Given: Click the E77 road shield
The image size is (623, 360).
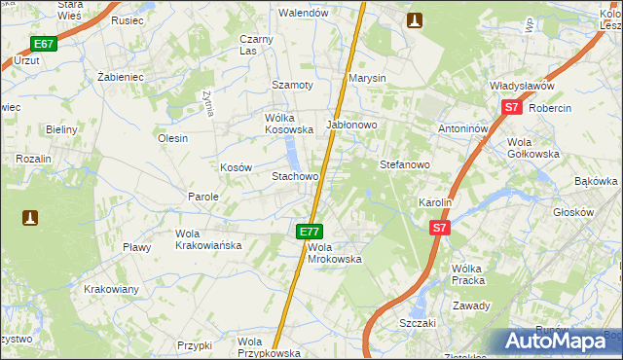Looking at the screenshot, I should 309,232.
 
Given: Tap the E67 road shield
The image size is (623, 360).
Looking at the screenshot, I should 43,44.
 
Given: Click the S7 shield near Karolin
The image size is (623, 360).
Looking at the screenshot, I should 440,228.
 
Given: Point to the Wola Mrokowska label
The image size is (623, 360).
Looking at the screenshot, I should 334,253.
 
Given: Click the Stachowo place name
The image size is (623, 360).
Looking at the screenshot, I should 295,177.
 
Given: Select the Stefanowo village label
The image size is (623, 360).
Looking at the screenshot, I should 404,164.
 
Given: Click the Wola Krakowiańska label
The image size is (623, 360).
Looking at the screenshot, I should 207,239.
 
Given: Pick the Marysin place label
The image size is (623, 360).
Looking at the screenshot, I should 368,78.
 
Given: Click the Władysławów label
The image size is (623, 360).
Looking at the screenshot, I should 529,87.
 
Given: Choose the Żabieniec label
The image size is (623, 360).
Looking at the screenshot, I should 121,75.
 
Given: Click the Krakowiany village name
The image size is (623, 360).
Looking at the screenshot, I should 111,289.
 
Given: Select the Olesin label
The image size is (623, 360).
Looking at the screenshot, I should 172,138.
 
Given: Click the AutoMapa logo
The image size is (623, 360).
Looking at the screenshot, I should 559,341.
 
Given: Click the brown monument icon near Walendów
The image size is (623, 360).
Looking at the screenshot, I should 415,19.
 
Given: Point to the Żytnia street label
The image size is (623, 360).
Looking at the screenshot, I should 207,102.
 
